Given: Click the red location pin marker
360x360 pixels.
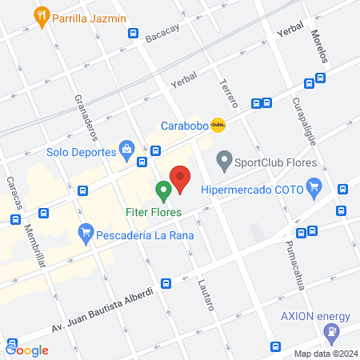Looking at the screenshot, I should pyautogui.click(x=181, y=178).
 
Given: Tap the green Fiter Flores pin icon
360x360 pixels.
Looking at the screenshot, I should pyautogui.click(x=164, y=191).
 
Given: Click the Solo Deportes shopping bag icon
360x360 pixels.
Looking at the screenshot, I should pyautogui.click(x=126, y=148).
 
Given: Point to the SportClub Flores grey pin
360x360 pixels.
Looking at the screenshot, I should pyautogui.click(x=226, y=163).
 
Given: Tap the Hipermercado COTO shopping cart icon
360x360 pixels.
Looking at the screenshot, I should pyautogui.click(x=314, y=189).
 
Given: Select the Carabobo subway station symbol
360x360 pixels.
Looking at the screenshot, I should pyautogui.click(x=218, y=125).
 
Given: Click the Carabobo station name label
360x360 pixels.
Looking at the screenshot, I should pyautogui.click(x=184, y=126).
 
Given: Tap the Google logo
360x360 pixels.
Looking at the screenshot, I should pyautogui.click(x=27, y=350).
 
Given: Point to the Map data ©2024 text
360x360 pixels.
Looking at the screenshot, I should pyautogui.click(x=324, y=354).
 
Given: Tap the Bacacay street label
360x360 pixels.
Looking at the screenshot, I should pyautogui.click(x=163, y=34).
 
